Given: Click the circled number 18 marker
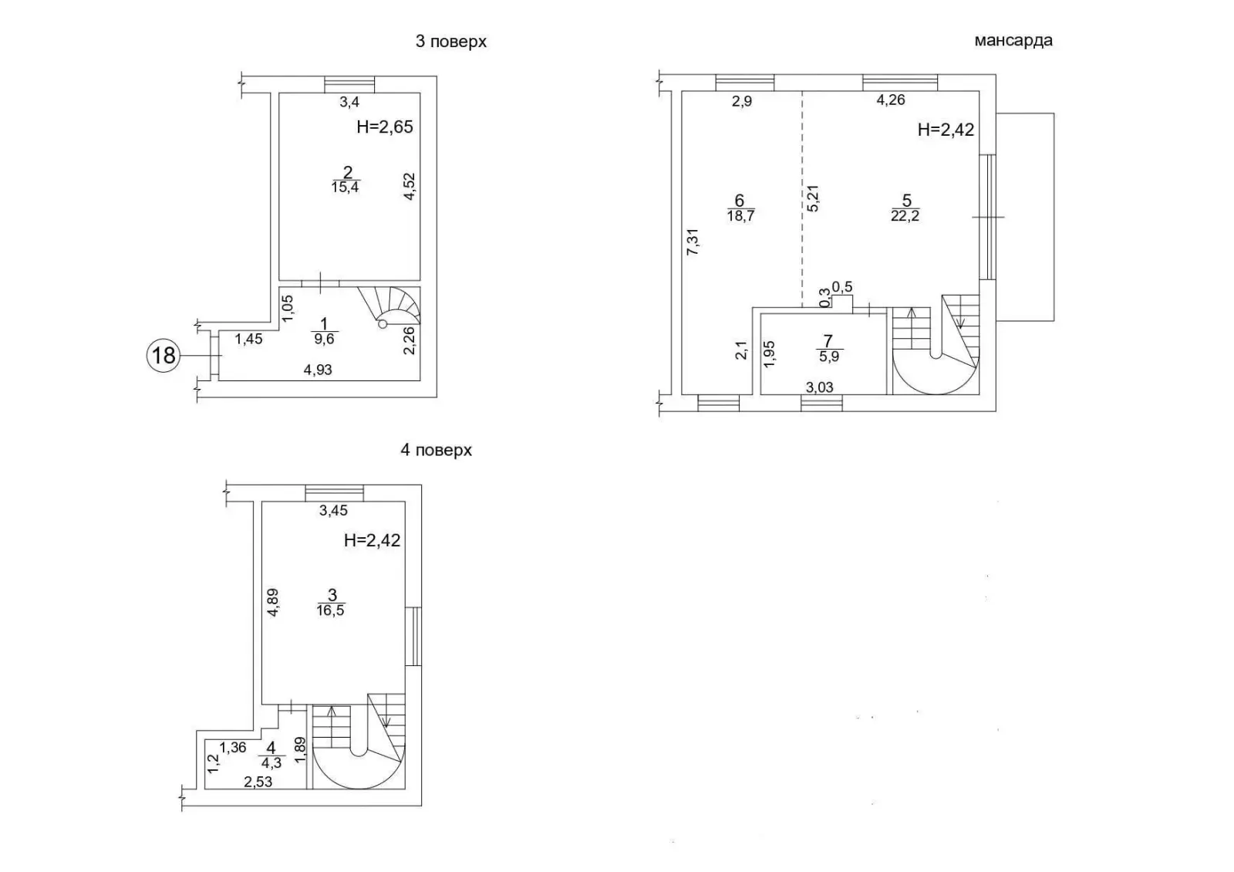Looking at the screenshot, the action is click(x=164, y=356).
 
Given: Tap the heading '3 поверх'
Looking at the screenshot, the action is click(x=451, y=42).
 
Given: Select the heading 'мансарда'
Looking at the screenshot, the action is click(x=1013, y=41).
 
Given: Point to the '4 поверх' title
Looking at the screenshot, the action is click(x=437, y=451).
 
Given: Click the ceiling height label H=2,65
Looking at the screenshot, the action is click(x=385, y=127).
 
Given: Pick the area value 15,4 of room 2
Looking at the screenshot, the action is click(x=345, y=188).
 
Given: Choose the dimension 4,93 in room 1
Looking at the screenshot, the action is click(x=318, y=370).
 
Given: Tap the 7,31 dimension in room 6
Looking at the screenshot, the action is click(x=693, y=242).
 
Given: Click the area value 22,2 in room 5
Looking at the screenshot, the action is click(x=905, y=215).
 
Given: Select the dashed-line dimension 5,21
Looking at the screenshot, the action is click(x=813, y=198).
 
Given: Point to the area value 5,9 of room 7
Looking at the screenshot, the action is click(x=828, y=357).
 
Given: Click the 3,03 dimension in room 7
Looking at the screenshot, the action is click(x=820, y=387).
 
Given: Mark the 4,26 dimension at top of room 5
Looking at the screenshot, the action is click(x=891, y=100).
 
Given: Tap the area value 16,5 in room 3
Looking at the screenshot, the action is click(x=331, y=610).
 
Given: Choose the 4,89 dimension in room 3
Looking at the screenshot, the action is click(x=273, y=603).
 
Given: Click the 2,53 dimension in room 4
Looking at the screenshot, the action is click(x=258, y=782).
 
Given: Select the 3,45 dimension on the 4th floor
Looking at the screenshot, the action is click(x=333, y=511).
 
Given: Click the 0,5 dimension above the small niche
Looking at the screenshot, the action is click(x=841, y=286).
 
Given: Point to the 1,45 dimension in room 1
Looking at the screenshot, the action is click(x=249, y=339).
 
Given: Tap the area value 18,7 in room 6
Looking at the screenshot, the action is click(x=740, y=215).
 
